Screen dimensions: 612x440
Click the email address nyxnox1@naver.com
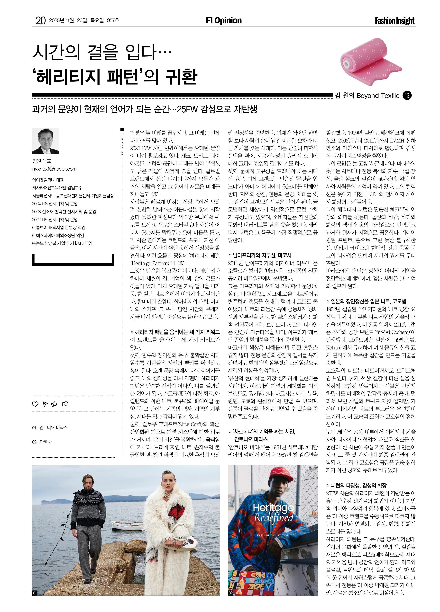[54, 169]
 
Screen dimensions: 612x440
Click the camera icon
[65, 404]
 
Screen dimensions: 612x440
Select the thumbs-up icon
[55, 404]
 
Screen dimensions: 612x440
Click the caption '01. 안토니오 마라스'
[50, 428]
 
